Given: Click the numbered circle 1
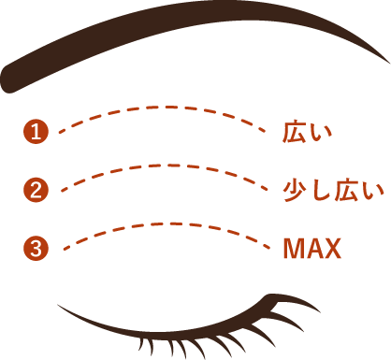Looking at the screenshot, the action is (x=35, y=132).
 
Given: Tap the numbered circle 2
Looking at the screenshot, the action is (x=35, y=190).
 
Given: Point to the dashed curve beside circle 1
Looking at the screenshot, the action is (x=159, y=110).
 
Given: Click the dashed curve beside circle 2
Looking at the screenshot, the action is (x=159, y=168).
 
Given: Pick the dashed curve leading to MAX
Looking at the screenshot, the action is (x=159, y=225).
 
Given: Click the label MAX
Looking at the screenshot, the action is (x=311, y=249).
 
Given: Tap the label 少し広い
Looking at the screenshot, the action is (x=333, y=191).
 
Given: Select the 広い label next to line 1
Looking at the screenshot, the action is (x=308, y=133).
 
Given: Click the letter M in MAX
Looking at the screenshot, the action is (x=294, y=249).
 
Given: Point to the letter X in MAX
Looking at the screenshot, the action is (x=332, y=249).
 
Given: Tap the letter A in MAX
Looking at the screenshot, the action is (x=313, y=249).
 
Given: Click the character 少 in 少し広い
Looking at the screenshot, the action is (x=295, y=191).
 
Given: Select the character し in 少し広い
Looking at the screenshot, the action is (x=320, y=191).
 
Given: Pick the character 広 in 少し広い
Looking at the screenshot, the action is (x=345, y=191).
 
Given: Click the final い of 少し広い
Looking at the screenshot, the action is (x=371, y=191).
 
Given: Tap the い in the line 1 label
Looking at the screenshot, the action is (x=321, y=133).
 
